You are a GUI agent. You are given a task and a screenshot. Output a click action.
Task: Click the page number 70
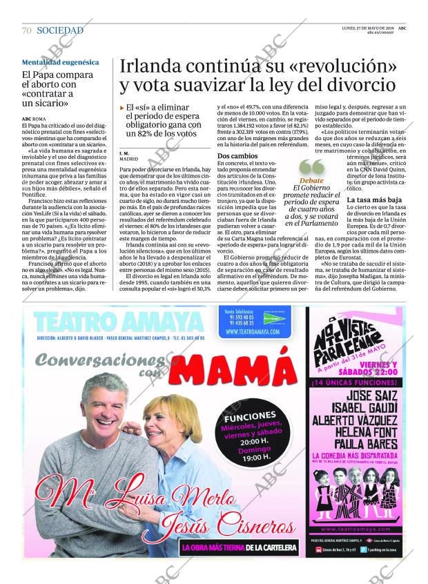click(26, 30)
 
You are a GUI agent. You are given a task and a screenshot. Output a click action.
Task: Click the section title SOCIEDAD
click(60, 30)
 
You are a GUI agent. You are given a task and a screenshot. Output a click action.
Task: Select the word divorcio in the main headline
click(351, 86)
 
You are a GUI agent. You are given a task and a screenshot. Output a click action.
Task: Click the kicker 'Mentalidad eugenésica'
click(60, 62)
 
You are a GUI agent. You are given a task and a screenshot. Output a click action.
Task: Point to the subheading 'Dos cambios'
click(237, 157)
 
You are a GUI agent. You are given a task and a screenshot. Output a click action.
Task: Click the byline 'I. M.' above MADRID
click(124, 153)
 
